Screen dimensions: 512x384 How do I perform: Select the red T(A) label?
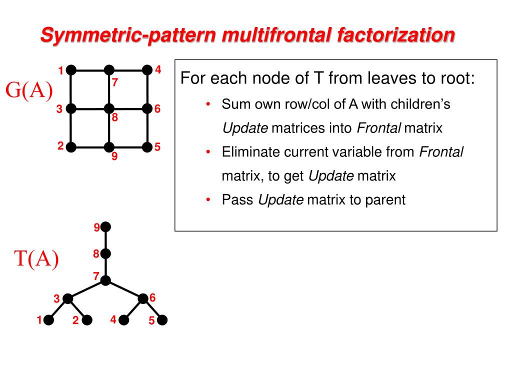tap(36, 259)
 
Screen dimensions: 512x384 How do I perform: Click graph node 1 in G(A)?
tap(71, 70)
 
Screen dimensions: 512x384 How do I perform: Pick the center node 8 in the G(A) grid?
tap(109, 108)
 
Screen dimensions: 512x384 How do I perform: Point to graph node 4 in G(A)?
tap(147, 70)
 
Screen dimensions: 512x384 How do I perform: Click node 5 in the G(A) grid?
tap(147, 147)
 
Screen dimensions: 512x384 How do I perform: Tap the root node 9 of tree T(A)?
tap(105, 227)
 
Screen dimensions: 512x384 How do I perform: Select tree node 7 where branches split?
tap(105, 280)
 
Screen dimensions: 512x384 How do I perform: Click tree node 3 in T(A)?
tap(68, 299)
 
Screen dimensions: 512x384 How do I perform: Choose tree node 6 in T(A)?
tap(143, 299)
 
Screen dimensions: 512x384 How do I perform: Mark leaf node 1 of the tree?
tap(49, 320)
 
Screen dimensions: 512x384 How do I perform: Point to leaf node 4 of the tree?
tap(124, 320)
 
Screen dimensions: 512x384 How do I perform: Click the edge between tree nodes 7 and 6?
tap(124, 289)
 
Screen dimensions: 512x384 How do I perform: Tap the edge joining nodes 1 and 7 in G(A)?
tap(90, 70)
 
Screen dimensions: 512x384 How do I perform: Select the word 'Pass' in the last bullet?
tap(238, 200)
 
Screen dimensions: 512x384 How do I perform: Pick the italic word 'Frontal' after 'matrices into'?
tap(378, 128)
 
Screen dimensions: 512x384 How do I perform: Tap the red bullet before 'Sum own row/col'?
tap(208, 104)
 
